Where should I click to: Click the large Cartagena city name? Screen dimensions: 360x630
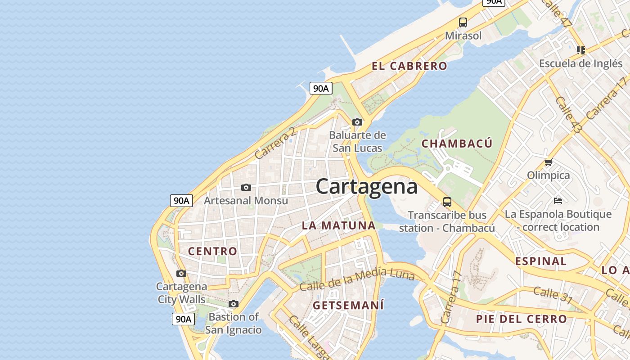pyautogui.click(x=366, y=186)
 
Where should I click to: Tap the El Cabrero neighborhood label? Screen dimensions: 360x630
pyautogui.click(x=409, y=66)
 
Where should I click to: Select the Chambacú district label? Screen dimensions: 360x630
pyautogui.click(x=457, y=144)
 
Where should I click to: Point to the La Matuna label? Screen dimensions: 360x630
pyautogui.click(x=338, y=225)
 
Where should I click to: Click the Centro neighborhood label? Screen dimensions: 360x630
pyautogui.click(x=212, y=251)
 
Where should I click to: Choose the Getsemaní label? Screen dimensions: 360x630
pyautogui.click(x=348, y=305)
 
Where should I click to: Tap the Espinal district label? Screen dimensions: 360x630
pyautogui.click(x=541, y=261)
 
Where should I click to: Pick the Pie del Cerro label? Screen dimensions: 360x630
pyautogui.click(x=522, y=319)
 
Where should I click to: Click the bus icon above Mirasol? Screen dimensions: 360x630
pyautogui.click(x=463, y=22)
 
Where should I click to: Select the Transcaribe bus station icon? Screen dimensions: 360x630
pyautogui.click(x=447, y=202)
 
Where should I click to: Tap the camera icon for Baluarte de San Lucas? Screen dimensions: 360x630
pyautogui.click(x=357, y=122)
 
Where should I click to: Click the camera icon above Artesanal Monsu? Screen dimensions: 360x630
pyautogui.click(x=246, y=187)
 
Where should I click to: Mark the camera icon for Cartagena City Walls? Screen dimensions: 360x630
pyautogui.click(x=181, y=273)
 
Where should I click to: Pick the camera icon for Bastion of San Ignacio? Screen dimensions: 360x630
pyautogui.click(x=233, y=304)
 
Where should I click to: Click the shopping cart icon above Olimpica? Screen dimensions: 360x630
pyautogui.click(x=548, y=162)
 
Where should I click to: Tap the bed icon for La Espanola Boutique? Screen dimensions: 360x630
pyautogui.click(x=558, y=201)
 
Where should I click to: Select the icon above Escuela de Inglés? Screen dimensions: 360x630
pyautogui.click(x=580, y=50)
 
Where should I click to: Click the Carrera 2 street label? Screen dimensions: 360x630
pyautogui.click(x=275, y=143)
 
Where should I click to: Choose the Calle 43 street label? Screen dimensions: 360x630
pyautogui.click(x=568, y=115)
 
